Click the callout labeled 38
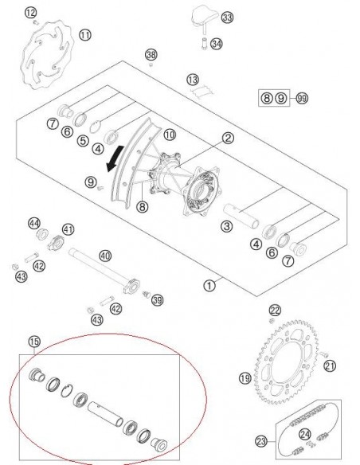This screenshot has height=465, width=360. (151, 54)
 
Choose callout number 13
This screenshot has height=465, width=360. (191, 80)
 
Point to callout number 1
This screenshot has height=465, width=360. (209, 283)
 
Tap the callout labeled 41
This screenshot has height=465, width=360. (68, 229)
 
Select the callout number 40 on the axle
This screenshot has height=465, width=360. (104, 256)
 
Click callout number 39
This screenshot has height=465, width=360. (158, 299)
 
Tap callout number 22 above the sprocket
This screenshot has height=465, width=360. (275, 310)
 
